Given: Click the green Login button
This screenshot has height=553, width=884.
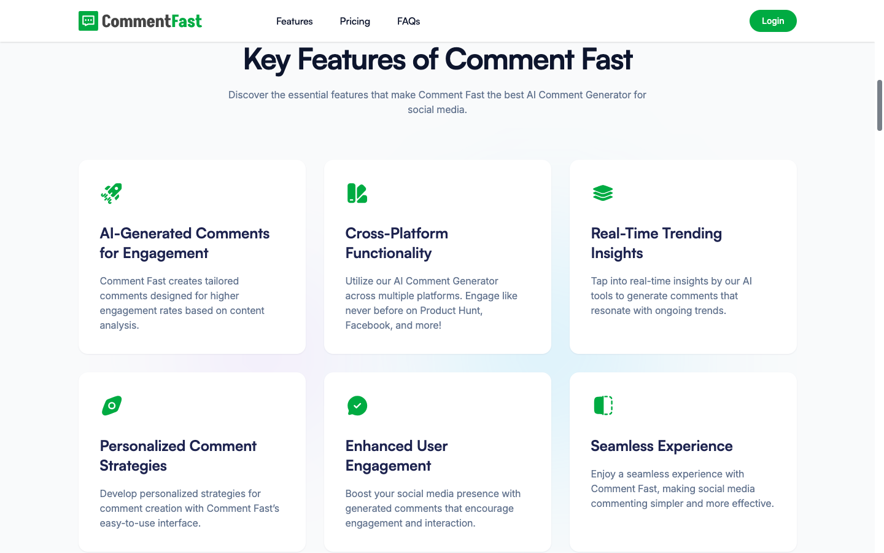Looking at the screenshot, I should (x=772, y=21).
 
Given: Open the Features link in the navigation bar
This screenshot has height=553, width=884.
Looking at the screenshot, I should (x=294, y=22).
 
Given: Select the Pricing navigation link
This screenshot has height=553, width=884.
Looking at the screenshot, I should (x=355, y=22).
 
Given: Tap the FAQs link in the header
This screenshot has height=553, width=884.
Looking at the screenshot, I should (x=408, y=22).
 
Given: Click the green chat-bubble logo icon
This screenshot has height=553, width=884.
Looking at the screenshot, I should (x=88, y=21).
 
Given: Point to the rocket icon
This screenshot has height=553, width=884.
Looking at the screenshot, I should (x=111, y=193).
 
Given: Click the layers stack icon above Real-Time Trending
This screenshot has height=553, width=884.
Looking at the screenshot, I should (x=603, y=193).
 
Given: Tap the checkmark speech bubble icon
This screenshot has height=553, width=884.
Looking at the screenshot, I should (x=357, y=406).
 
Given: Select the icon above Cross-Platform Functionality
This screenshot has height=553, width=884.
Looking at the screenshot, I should (x=357, y=193).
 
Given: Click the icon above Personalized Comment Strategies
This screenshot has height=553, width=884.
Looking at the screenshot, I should (x=111, y=406).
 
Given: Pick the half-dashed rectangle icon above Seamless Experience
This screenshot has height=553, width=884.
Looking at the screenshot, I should (x=603, y=406).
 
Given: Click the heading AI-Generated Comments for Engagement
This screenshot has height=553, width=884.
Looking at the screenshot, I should (x=184, y=243).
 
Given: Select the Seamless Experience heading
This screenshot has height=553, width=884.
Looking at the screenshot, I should (x=661, y=446).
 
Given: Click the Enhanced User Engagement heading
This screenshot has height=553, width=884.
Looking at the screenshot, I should (x=396, y=456).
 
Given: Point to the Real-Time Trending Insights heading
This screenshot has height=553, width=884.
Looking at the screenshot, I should (x=656, y=243).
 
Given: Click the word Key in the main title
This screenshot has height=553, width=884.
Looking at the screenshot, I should (x=266, y=60).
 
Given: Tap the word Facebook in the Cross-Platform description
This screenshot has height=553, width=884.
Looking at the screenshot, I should (x=368, y=326).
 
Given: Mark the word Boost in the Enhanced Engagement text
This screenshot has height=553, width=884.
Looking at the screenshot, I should (x=358, y=494).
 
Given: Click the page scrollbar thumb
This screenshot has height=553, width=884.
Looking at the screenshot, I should (x=879, y=105).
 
